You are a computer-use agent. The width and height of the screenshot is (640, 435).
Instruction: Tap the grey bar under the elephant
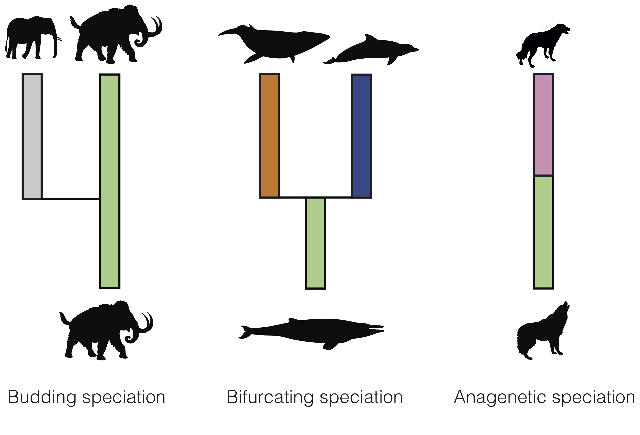[x=32, y=136]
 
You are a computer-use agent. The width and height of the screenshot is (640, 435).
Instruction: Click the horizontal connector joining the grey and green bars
[x=71, y=199]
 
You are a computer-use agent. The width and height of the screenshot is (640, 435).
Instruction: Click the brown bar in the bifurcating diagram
[x=270, y=136]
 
